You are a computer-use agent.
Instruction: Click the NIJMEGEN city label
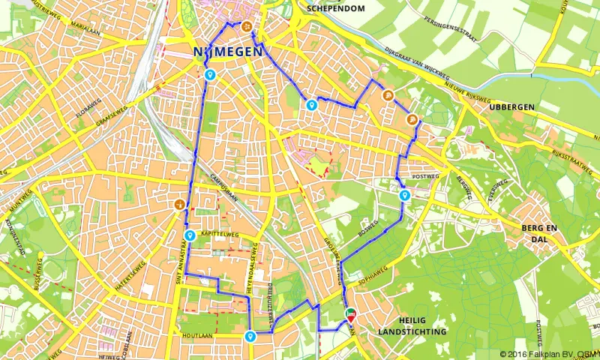point(226,52)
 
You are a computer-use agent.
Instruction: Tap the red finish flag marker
point(351,317)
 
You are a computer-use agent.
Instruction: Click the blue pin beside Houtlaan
point(249,337)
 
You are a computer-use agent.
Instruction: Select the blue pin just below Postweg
point(405,196)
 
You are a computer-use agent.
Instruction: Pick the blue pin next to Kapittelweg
point(189,235)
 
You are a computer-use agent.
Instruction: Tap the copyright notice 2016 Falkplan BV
point(548,353)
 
